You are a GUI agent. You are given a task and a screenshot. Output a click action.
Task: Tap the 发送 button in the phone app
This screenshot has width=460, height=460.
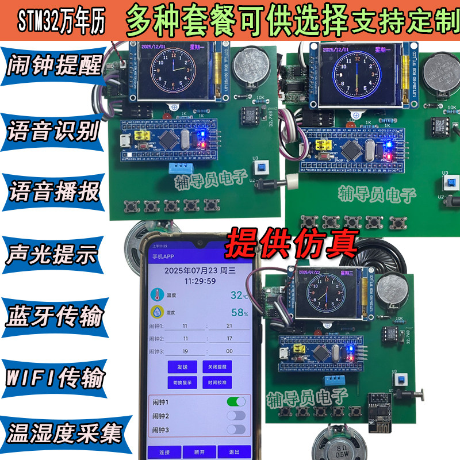(x=182, y=366)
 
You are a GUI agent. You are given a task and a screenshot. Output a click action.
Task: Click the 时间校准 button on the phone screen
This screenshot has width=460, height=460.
(x=217, y=382)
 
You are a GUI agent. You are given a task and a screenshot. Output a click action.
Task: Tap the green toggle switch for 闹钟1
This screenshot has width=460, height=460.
(x=236, y=401)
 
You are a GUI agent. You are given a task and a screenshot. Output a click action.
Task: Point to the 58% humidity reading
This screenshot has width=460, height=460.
(x=239, y=313)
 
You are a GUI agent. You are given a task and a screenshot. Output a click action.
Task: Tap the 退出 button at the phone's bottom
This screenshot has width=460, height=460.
(x=233, y=452)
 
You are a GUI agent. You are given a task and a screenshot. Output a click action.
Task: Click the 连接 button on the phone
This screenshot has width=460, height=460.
(x=164, y=452)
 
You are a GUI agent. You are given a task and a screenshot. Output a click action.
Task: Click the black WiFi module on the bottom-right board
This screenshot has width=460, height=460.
(x=382, y=407)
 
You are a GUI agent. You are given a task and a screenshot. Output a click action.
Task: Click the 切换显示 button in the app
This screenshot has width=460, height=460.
(x=182, y=382)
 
